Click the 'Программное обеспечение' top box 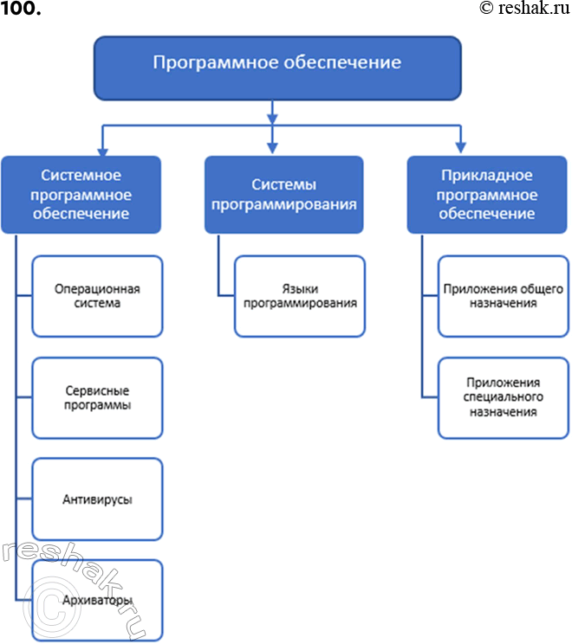[x=277, y=67]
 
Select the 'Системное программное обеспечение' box [x=81, y=195]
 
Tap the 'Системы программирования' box [x=283, y=195]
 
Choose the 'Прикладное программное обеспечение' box [x=486, y=195]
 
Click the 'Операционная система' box [x=97, y=296]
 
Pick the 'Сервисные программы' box [x=97, y=398]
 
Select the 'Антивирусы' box [x=97, y=499]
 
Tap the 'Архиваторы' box [x=97, y=600]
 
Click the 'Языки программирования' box [x=300, y=296]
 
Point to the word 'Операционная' [x=97, y=289]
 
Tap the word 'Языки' [x=300, y=289]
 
